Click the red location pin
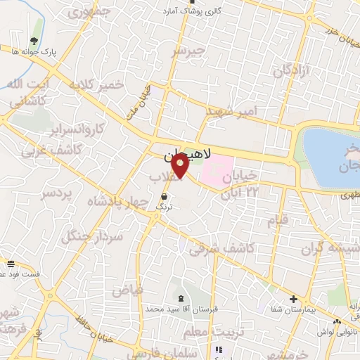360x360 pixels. click(x=180, y=167)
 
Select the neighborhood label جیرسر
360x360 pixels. click(x=190, y=51)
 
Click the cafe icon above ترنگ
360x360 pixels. click(x=164, y=196)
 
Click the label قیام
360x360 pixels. click(x=278, y=221)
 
